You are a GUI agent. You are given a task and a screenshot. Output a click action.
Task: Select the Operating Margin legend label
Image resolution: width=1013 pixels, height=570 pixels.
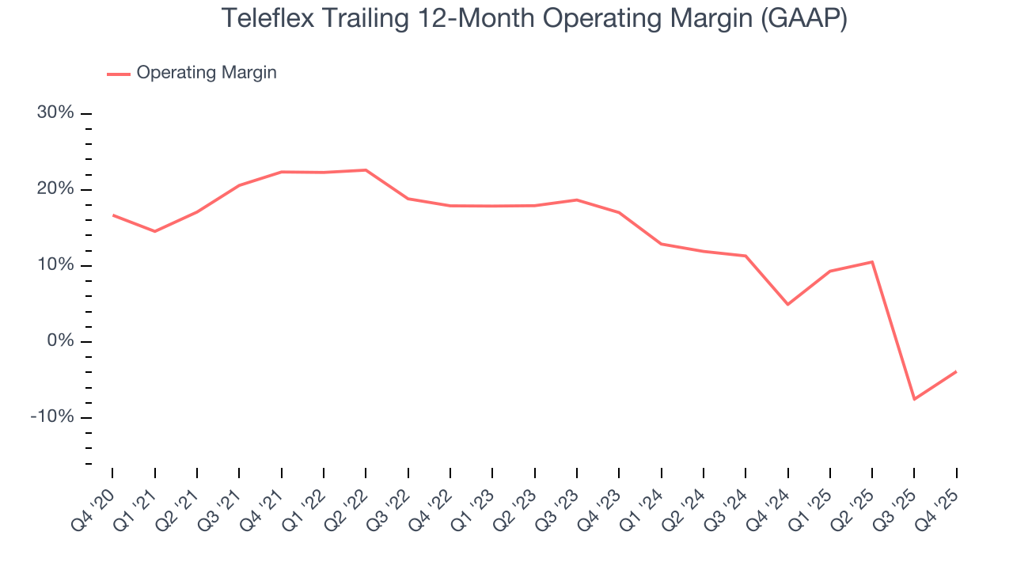207,73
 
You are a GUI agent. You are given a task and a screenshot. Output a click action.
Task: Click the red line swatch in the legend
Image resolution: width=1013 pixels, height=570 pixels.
119,74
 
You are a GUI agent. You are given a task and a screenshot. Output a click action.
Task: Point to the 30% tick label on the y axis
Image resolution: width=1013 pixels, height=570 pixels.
55,113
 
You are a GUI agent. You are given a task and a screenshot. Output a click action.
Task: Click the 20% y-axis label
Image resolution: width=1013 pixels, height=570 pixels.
55,189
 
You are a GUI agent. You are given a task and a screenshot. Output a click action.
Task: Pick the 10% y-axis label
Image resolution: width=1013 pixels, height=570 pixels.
55,265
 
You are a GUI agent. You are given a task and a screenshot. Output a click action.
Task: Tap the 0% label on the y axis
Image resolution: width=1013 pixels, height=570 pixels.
60,341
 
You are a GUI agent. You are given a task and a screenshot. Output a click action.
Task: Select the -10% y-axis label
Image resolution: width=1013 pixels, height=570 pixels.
52,417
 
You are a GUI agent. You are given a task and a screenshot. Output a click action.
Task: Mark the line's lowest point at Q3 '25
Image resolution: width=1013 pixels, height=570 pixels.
914,399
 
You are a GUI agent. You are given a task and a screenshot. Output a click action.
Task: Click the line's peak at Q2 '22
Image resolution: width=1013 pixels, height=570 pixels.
366,170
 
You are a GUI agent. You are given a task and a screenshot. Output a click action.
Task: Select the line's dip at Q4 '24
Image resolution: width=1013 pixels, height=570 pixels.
787,304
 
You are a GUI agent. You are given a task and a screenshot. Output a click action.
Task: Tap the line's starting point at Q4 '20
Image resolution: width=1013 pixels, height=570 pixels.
112,215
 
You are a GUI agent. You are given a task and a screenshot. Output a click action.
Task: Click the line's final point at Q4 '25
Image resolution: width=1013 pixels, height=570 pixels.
956,371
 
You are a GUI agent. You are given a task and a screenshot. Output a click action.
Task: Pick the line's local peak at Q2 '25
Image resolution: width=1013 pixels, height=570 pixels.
872,262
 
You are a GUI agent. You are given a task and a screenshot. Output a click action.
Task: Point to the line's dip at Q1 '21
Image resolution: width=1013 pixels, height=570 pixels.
154,231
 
